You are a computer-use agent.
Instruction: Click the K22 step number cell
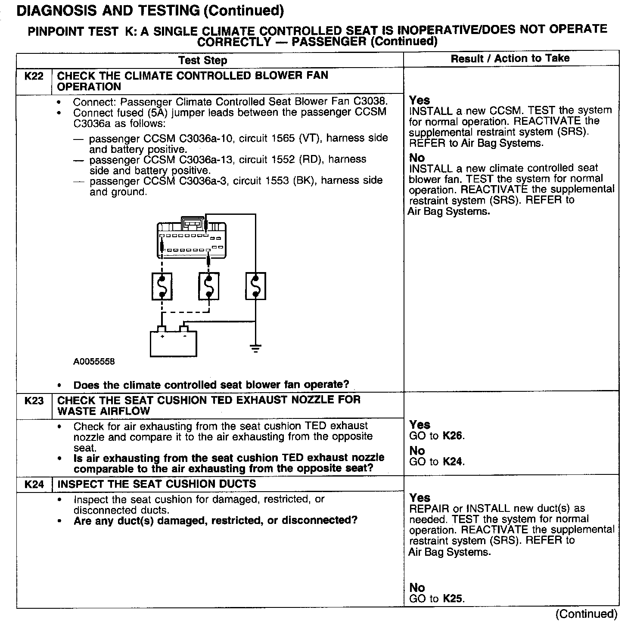pyautogui.click(x=34, y=77)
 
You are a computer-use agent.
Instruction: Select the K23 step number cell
pyautogui.click(x=34, y=401)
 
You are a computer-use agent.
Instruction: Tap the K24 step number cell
pyautogui.click(x=34, y=484)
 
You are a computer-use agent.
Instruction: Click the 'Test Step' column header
pyautogui.click(x=202, y=60)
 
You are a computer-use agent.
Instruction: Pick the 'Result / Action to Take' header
pyautogui.click(x=510, y=59)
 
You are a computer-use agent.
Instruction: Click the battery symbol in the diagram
pyautogui.click(x=173, y=343)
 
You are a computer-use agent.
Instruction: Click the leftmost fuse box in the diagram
pyautogui.click(x=162, y=286)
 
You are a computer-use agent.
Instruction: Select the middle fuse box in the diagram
pyautogui.click(x=209, y=286)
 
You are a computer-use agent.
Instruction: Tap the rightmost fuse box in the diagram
pyautogui.click(x=255, y=286)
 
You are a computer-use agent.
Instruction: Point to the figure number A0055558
pyautogui.click(x=94, y=362)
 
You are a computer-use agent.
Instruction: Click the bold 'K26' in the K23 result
pyautogui.click(x=453, y=436)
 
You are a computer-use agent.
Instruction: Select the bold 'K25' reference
pyautogui.click(x=454, y=599)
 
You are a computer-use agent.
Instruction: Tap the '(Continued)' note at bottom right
pyautogui.click(x=586, y=614)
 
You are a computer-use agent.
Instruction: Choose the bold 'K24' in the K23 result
pyautogui.click(x=453, y=462)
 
